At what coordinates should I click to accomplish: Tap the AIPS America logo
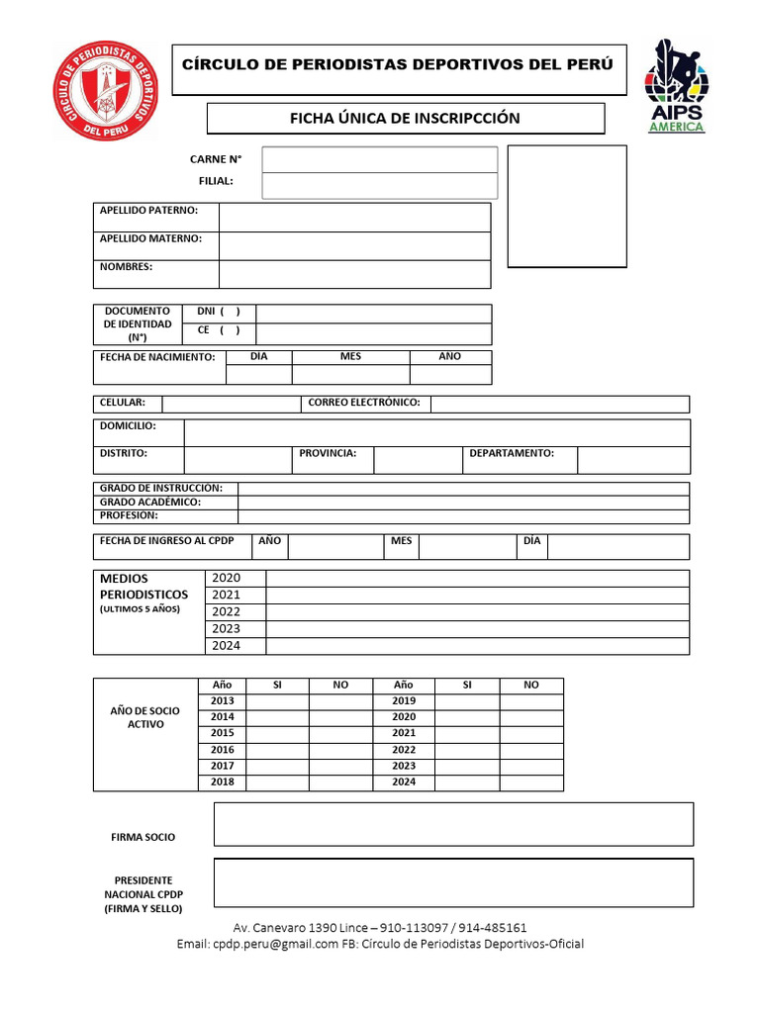pyautogui.click(x=677, y=86)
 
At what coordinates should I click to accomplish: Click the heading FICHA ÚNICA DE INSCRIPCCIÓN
pyautogui.click(x=404, y=119)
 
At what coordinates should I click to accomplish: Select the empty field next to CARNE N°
pyautogui.click(x=379, y=159)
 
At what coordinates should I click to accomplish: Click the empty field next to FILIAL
pyautogui.click(x=379, y=185)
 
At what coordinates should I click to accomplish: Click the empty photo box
pyautogui.click(x=566, y=206)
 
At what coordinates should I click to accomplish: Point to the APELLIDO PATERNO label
pyautogui.click(x=148, y=211)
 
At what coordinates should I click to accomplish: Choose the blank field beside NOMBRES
pyautogui.click(x=354, y=274)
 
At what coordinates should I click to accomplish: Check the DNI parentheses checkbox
pyautogui.click(x=230, y=311)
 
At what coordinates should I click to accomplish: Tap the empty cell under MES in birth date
pyautogui.click(x=350, y=375)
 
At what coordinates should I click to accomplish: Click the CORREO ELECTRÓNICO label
pyautogui.click(x=364, y=403)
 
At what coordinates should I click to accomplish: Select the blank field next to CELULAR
pyautogui.click(x=231, y=404)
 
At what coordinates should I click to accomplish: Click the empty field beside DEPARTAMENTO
pyautogui.click(x=633, y=460)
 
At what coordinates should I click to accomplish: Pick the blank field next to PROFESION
pyautogui.click(x=463, y=516)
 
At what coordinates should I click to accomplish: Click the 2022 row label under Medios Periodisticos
pyautogui.click(x=226, y=611)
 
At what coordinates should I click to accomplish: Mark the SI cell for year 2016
pyautogui.click(x=277, y=750)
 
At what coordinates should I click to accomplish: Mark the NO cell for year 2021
pyautogui.click(x=531, y=733)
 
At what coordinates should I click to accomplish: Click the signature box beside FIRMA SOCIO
pyautogui.click(x=453, y=824)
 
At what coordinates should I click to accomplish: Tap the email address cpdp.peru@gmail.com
pyautogui.click(x=270, y=944)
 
